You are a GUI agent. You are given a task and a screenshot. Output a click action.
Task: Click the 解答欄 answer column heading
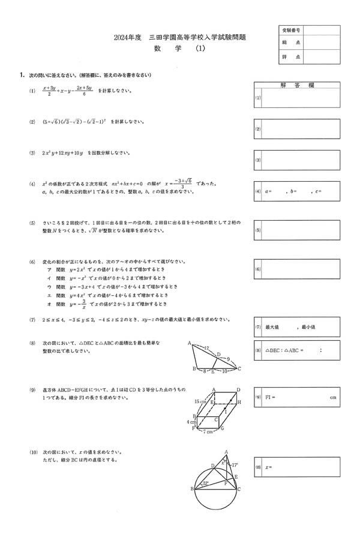[297, 86]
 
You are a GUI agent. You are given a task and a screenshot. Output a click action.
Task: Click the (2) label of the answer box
[258, 129]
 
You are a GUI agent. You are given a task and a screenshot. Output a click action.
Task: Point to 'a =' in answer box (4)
[266, 191]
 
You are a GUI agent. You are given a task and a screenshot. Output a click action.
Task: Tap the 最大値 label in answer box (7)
[272, 327]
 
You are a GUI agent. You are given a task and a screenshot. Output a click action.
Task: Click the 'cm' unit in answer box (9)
[334, 397]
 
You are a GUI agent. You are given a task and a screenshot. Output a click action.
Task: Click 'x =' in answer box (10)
[268, 466]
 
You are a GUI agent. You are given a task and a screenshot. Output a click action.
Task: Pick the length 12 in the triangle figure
[206, 347]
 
